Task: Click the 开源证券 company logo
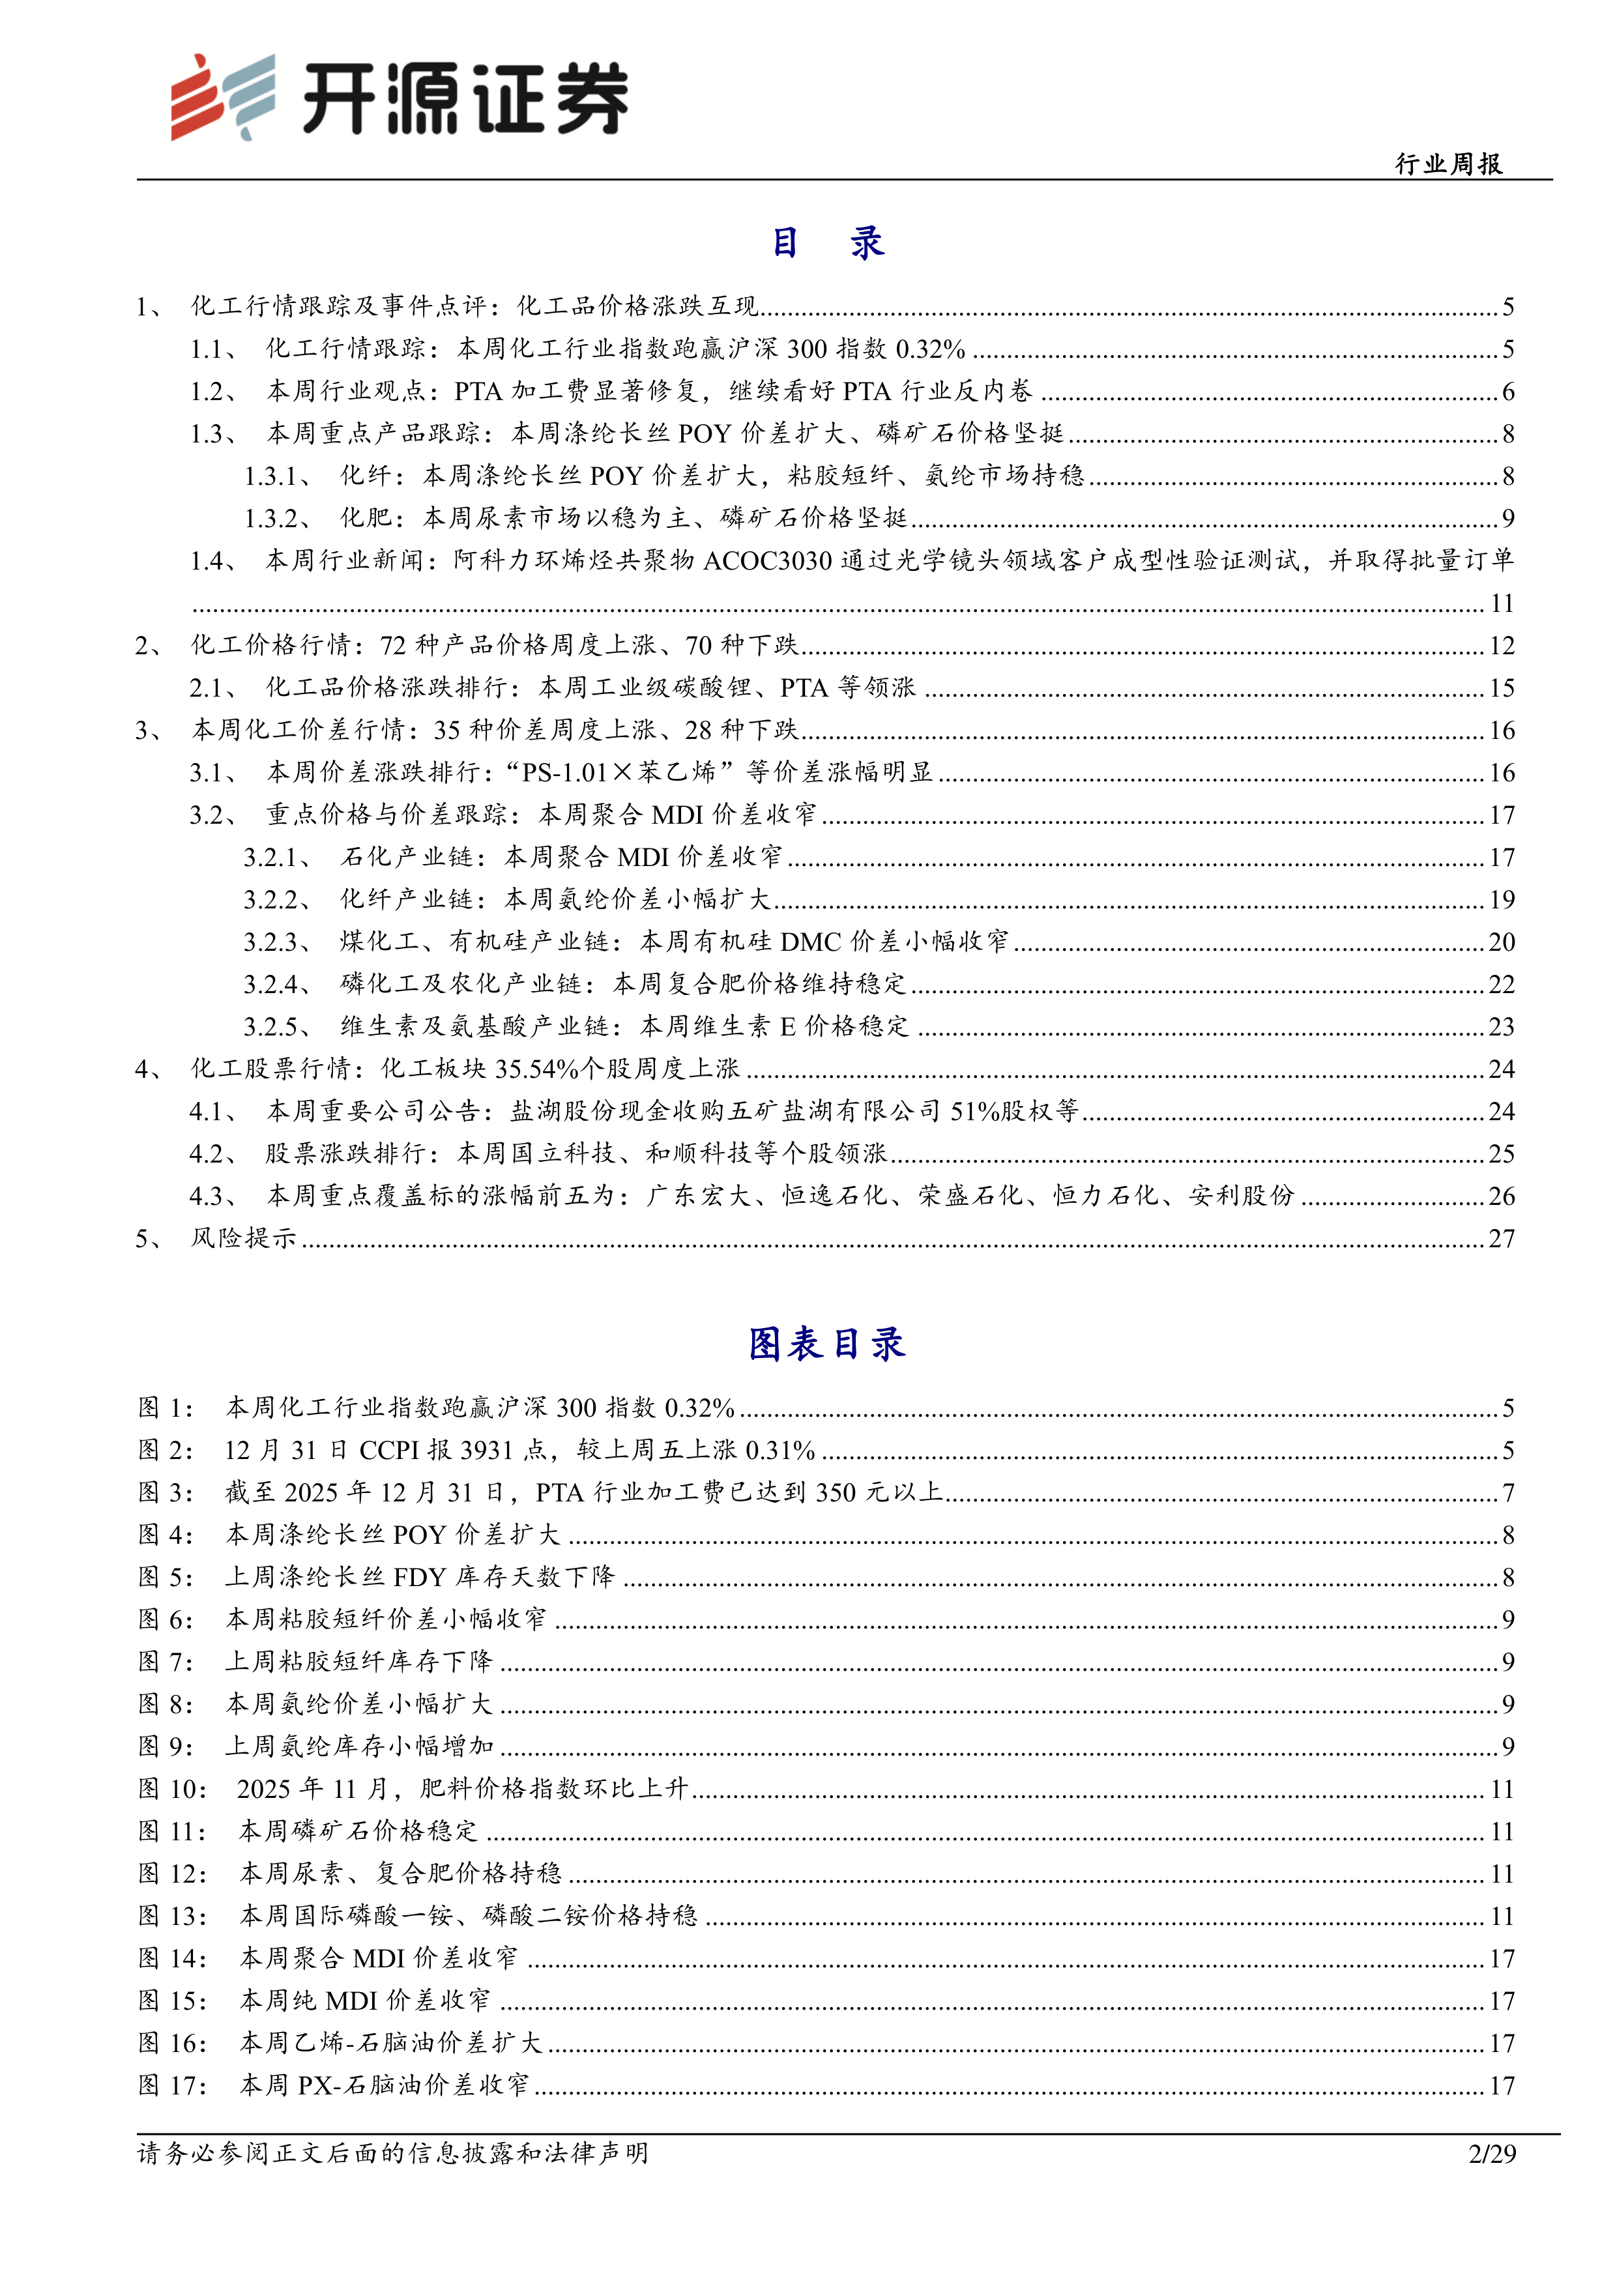tap(398, 98)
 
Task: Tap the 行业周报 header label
tap(1448, 164)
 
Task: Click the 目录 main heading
tap(828, 243)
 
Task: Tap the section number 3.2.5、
tap(278, 1026)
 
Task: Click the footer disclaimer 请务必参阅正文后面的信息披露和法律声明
tap(392, 2154)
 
